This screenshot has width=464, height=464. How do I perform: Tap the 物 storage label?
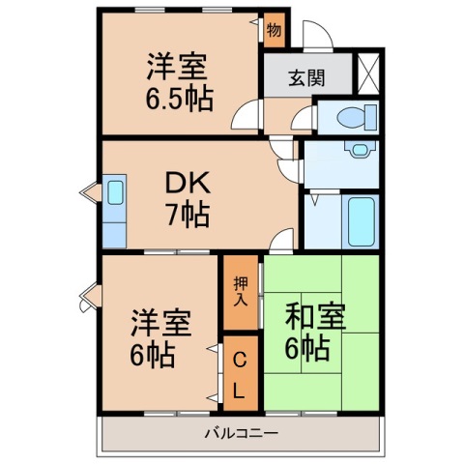(x=275, y=30)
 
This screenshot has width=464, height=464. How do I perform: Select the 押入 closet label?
(x=241, y=289)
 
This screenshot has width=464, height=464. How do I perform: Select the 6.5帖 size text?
(x=180, y=99)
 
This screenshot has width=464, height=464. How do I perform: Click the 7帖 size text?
(x=187, y=215)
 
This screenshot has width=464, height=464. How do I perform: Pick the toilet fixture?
(x=348, y=117)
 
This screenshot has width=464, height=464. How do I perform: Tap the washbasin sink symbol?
(x=360, y=152)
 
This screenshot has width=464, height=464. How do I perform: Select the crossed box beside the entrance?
(x=369, y=73)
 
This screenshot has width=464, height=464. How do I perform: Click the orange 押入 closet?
(x=241, y=290)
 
